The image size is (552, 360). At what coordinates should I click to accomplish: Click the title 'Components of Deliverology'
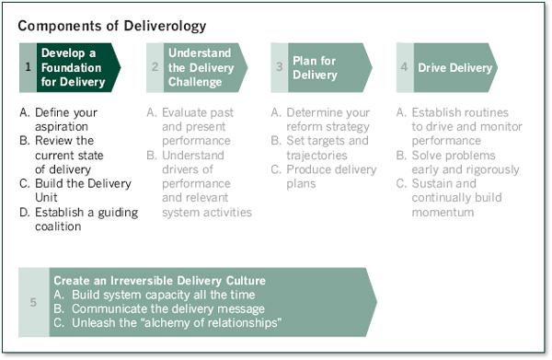pyautogui.click(x=111, y=26)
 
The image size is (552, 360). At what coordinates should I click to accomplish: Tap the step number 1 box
pyautogui.click(x=28, y=67)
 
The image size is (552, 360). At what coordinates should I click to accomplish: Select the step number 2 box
pyautogui.click(x=155, y=67)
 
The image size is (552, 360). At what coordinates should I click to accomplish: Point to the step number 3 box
pyautogui.click(x=280, y=67)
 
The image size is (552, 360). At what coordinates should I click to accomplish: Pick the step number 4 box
pyautogui.click(x=405, y=67)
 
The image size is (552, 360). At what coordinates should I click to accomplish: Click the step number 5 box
pyautogui.click(x=34, y=301)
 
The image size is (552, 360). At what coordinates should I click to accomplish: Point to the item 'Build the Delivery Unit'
pyautogui.click(x=77, y=183)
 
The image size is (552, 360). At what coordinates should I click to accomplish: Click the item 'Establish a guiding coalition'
pyautogui.click(x=77, y=219)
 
